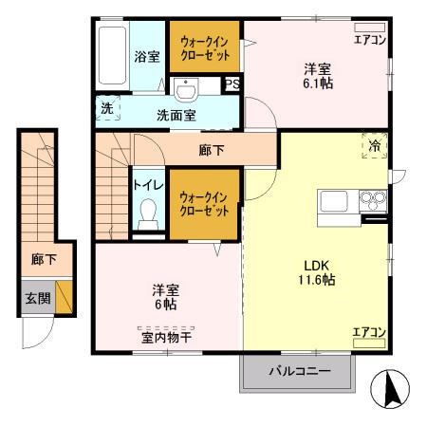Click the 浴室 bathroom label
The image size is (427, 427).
coord(147,55)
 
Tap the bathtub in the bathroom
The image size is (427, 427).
coord(114,57)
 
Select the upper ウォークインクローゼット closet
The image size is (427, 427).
coord(205,47)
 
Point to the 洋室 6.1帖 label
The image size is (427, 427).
coord(318,76)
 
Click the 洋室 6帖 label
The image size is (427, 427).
coord(166,296)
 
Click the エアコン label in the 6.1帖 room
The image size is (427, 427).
coord(370,40)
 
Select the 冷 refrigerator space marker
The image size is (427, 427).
coord(374,147)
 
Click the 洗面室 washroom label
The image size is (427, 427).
coord(176,115)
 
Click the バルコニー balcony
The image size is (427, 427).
coord(298,371)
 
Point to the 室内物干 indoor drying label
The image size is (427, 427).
coord(167,335)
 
